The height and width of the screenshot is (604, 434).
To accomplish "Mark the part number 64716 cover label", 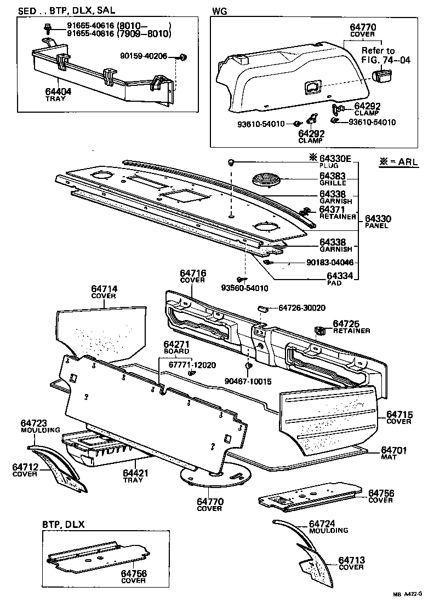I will coord(192,273).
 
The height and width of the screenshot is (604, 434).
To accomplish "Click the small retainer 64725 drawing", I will coord(318,330).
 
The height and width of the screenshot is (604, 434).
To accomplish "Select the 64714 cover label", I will coord(104,289).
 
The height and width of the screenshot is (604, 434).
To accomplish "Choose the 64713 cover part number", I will coord(351,560).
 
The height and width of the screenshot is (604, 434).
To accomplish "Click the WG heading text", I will coord(219,10).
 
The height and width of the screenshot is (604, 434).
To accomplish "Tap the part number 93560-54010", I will coord(245,288).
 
